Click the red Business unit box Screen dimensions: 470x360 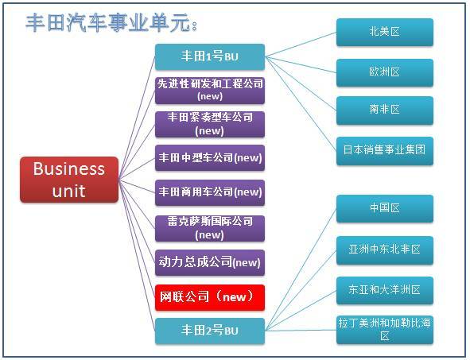tap(69, 180)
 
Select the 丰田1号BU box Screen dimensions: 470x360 tap(210, 57)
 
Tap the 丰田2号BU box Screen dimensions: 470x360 tap(210, 331)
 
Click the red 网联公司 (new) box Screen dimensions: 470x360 tap(210, 297)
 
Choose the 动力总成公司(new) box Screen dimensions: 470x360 tap(210, 262)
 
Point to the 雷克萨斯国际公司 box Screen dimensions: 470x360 tap(210, 228)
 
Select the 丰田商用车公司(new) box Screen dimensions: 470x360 tap(210, 192)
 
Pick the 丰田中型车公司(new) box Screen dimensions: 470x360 tap(210, 158)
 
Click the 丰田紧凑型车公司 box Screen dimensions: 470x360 tap(210, 124)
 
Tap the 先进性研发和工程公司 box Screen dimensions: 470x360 tap(210, 91)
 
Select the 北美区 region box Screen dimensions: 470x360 tap(385, 32)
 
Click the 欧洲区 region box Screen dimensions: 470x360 tap(385, 73)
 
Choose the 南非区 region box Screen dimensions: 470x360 tap(385, 110)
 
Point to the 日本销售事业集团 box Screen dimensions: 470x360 tap(385, 151)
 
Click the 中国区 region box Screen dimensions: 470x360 tap(385, 208)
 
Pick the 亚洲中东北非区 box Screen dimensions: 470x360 tap(385, 250)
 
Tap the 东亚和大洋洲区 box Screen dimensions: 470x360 tap(385, 291)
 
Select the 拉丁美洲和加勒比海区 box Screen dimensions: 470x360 tap(385, 330)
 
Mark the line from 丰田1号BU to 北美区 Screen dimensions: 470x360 tap(301, 45)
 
